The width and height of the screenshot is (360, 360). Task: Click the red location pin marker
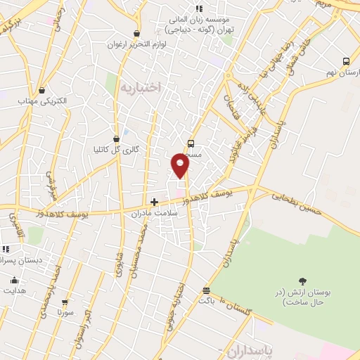pos(180,166)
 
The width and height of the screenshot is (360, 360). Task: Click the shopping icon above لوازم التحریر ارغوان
pos(136,33)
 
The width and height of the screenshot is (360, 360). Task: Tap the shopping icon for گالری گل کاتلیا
pos(116,139)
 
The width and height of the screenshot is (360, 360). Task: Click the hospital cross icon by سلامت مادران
pos(154,202)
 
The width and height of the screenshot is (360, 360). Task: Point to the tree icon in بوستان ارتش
pos(303,282)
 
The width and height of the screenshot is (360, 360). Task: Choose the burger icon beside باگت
pos(206,290)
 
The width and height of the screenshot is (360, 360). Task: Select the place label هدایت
pos(15,290)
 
